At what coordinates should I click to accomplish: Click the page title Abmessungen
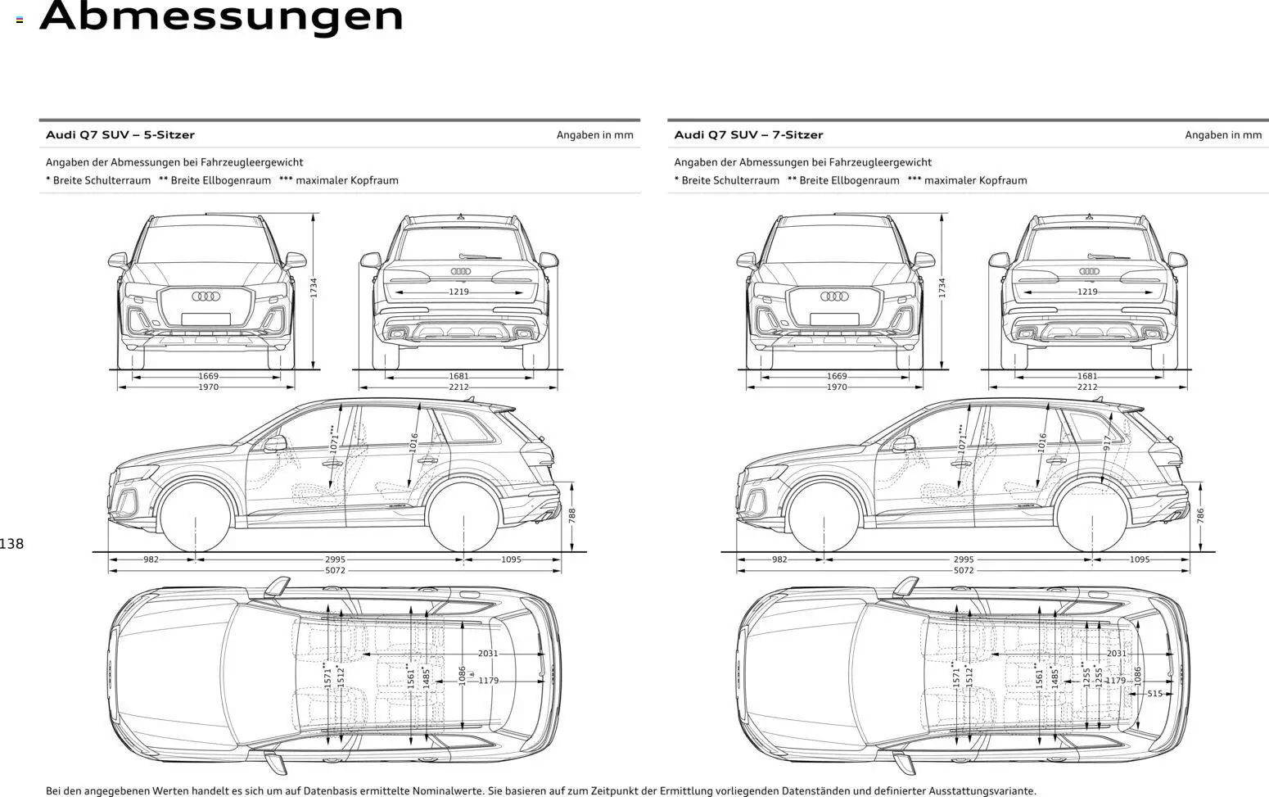(222, 16)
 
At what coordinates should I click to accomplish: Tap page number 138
(12, 544)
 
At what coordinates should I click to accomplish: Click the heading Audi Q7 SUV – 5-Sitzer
(120, 135)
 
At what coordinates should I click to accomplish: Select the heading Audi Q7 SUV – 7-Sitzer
(748, 135)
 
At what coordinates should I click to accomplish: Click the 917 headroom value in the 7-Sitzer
(1108, 442)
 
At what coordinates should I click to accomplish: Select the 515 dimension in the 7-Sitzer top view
(1154, 694)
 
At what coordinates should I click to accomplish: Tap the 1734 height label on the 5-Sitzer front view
(314, 288)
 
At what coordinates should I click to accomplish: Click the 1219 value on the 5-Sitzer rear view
(458, 292)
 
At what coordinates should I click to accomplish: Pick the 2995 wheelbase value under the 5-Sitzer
(335, 560)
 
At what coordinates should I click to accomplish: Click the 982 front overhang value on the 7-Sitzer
(779, 560)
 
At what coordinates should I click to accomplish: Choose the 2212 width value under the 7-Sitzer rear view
(1087, 387)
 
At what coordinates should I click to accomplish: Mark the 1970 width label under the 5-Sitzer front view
(209, 387)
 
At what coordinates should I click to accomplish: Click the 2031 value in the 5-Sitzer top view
(488, 654)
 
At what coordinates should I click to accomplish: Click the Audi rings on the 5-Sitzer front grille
(206, 297)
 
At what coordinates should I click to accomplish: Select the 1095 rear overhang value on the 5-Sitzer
(511, 560)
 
